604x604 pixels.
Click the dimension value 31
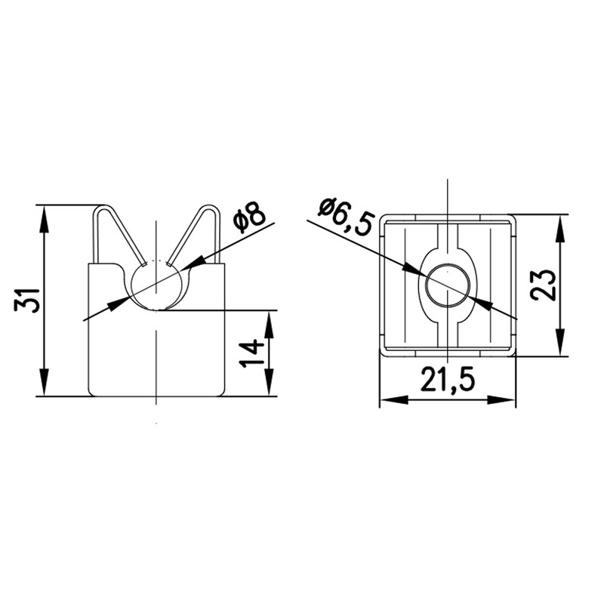27,300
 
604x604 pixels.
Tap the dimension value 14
252,353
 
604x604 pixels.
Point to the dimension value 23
543,285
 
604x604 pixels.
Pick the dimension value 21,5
448,379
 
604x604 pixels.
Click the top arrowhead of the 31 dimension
45,219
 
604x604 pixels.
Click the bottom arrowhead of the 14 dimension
269,382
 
